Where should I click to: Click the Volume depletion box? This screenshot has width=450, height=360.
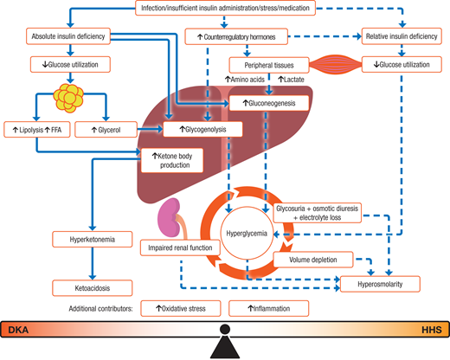309,259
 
